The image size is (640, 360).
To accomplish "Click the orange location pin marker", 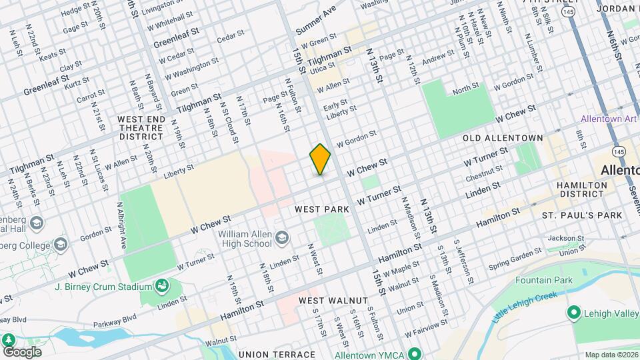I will [x=320, y=159].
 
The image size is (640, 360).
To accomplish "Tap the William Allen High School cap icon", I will [x=282, y=237].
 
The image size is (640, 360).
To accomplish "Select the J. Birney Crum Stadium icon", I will [x=161, y=287].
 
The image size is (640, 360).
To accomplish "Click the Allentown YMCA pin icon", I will [x=414, y=353].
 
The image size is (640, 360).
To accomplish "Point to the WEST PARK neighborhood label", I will [x=322, y=209].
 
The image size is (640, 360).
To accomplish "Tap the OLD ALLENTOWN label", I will [x=503, y=138].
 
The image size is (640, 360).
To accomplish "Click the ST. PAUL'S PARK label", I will [x=581, y=215].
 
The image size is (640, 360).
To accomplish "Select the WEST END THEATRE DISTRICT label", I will [x=141, y=127].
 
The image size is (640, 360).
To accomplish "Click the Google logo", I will [x=21, y=351].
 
